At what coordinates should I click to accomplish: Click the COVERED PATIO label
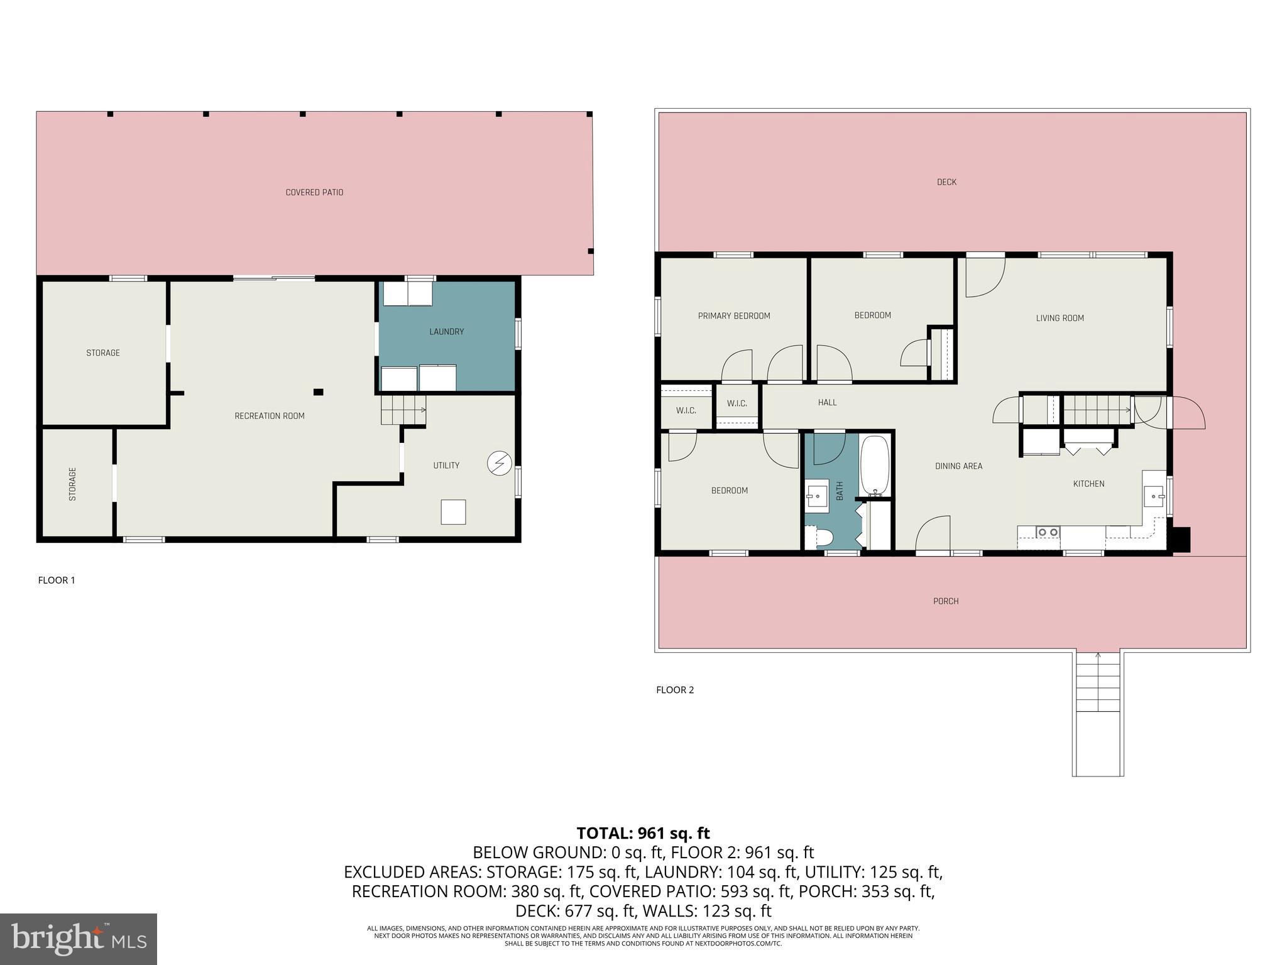coord(314,192)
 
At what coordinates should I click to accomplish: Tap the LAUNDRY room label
coord(446,332)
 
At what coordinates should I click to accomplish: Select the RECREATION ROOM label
coord(269,416)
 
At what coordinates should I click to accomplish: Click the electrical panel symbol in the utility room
coord(500,464)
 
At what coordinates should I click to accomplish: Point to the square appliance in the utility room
coord(453,512)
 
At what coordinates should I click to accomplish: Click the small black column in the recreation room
coord(319,392)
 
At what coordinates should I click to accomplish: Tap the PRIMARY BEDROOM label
coord(733,316)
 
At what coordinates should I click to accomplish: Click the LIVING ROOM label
coord(1060,318)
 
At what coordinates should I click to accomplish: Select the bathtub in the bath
coord(874,466)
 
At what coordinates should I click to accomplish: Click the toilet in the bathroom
coord(821,537)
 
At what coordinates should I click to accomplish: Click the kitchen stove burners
coord(1048,532)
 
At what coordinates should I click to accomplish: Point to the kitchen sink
coord(1154,496)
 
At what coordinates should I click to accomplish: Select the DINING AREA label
coord(958,466)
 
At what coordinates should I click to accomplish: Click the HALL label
coord(827,403)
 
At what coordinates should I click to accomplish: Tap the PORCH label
coord(945,601)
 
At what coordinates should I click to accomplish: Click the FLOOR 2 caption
coord(675,690)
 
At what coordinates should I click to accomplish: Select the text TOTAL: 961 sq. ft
coord(643,833)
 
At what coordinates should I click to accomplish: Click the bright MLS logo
coord(79,939)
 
